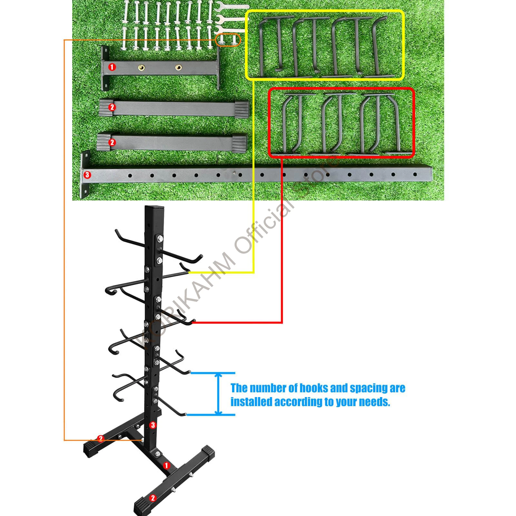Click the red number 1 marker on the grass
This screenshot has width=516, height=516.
coord(112,67)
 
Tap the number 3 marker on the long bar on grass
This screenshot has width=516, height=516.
coord(87,175)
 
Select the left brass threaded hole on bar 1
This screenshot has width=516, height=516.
coord(141,68)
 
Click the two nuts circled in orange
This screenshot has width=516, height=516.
coord(228,40)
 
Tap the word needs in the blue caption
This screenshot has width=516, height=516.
coord(374,402)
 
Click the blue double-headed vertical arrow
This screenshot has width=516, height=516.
coord(219,394)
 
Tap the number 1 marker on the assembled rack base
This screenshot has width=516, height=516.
coord(166,465)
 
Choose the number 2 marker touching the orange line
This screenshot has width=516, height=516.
coord(101,438)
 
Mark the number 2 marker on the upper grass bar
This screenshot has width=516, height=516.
coord(112,107)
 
